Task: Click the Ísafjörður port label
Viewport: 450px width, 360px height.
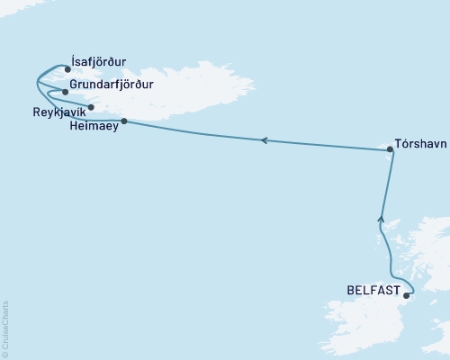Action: tap(101, 62)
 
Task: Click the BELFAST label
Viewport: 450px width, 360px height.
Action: tap(373, 291)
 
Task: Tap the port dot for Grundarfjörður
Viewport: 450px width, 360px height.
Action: tap(65, 92)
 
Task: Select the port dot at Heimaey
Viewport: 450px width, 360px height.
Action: tap(123, 121)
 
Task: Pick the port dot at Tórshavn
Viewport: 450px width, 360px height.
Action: tap(390, 152)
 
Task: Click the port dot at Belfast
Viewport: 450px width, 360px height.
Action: tap(407, 295)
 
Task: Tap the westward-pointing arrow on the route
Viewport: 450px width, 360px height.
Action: tap(263, 139)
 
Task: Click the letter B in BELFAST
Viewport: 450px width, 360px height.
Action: tap(350, 291)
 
